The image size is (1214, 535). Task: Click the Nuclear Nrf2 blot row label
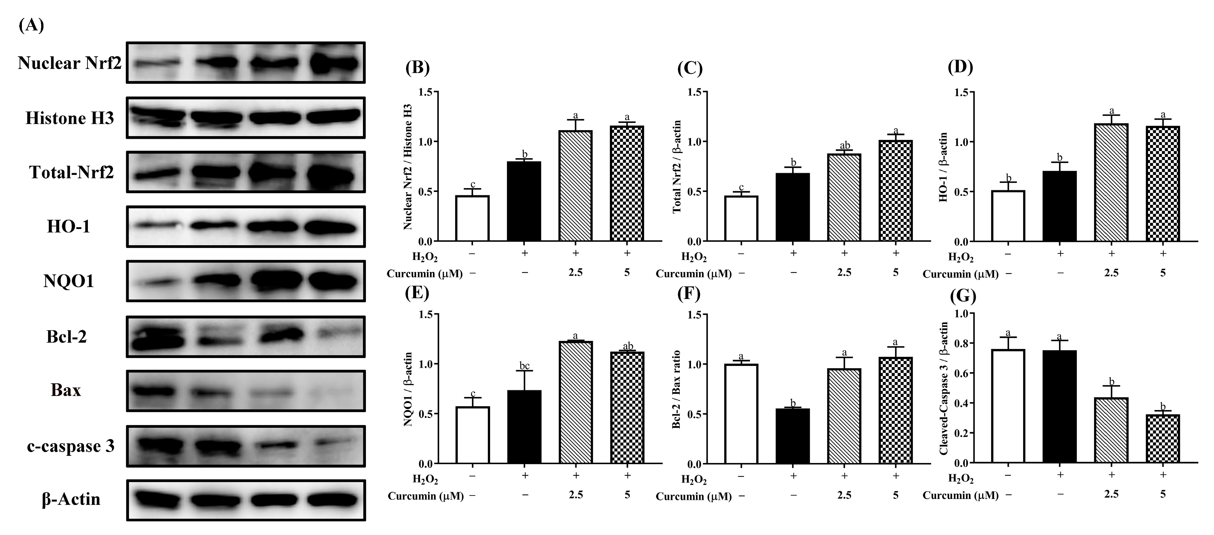click(x=69, y=63)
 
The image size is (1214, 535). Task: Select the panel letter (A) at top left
click(x=31, y=25)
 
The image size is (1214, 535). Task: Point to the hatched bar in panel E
click(x=575, y=402)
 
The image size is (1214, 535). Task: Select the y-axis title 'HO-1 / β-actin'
click(x=943, y=167)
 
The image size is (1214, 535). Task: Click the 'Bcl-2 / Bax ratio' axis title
click(x=676, y=389)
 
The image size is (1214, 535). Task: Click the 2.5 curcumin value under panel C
click(x=844, y=273)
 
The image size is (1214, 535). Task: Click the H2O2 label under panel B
click(x=425, y=257)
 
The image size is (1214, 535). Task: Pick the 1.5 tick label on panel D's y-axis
click(x=964, y=93)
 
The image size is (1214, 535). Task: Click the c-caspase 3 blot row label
click(x=71, y=446)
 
